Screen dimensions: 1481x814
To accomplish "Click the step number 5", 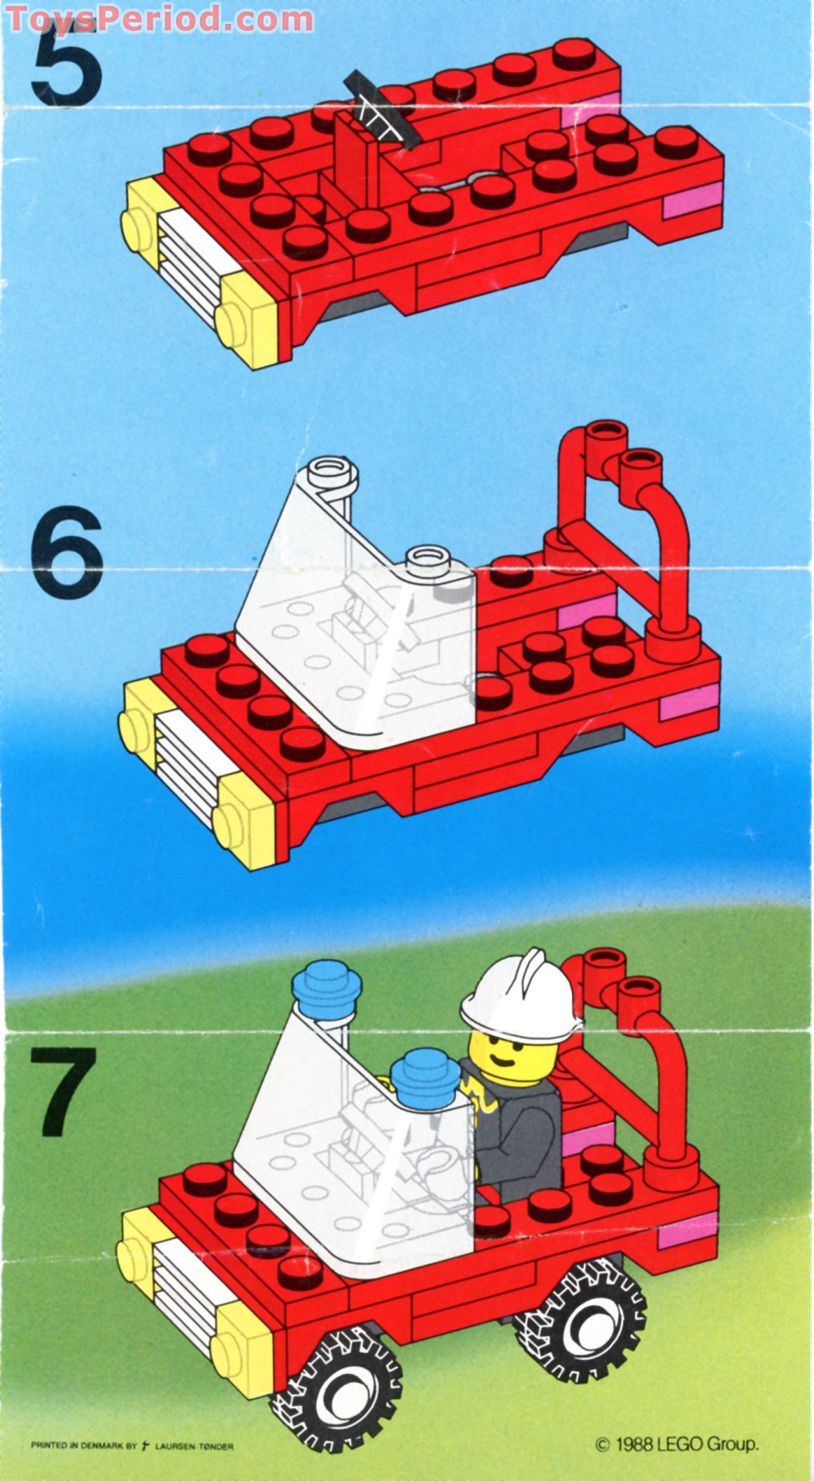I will [65, 66].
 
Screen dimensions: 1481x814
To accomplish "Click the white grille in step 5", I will [190, 264].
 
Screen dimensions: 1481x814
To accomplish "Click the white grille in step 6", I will [186, 764].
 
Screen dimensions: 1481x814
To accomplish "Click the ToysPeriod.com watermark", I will [159, 17].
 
